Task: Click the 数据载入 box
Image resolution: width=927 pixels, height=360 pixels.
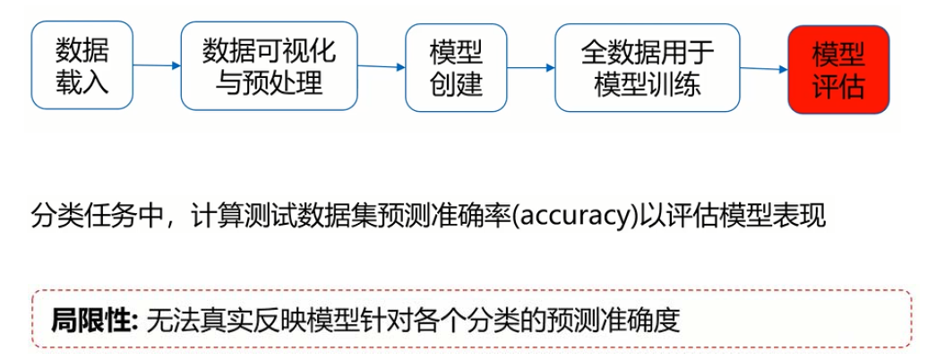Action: pos(82,66)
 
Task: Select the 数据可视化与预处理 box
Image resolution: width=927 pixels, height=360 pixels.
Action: pos(269,66)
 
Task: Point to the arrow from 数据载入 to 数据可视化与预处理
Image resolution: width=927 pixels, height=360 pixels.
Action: pos(156,64)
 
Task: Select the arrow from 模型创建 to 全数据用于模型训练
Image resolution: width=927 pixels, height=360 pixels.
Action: pos(529,66)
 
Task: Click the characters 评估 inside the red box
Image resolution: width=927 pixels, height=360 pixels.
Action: pos(838,87)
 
